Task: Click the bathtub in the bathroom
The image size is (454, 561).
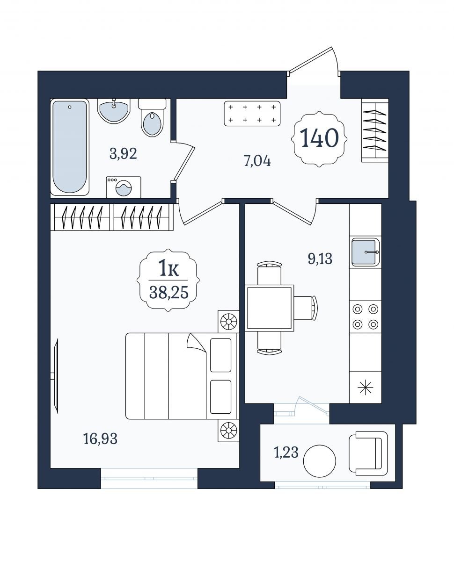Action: tap(70, 147)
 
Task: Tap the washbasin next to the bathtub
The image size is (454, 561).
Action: tap(114, 111)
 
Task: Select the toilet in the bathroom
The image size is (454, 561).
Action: tap(152, 118)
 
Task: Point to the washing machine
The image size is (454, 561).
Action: tap(124, 187)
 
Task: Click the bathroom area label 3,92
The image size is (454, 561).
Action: tap(123, 154)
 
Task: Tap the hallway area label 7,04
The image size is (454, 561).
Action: tap(257, 161)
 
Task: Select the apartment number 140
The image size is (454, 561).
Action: tap(319, 138)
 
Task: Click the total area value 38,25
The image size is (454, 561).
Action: tap(169, 292)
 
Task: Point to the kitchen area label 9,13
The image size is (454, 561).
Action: tap(320, 259)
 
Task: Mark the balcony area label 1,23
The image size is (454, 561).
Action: tap(286, 453)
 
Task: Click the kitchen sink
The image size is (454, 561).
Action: tap(365, 252)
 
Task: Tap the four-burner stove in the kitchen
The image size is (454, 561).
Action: tap(366, 316)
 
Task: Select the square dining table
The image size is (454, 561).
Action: tap(270, 308)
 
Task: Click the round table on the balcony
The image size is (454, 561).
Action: tap(320, 461)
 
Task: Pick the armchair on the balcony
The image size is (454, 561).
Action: tap(368, 453)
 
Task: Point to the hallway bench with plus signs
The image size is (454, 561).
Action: tap(252, 114)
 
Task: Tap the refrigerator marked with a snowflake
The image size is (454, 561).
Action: tap(366, 387)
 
